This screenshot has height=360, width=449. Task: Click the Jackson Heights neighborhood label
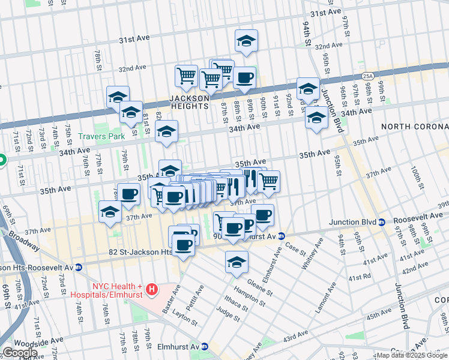188,101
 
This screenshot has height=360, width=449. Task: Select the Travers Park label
101,136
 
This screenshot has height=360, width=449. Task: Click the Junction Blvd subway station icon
382,222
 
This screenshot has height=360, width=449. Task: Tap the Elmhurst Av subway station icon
205,346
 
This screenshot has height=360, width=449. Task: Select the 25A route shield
367,76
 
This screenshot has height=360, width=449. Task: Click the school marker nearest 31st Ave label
246,41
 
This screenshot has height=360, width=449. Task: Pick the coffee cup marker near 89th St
244,78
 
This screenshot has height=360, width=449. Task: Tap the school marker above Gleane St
237,262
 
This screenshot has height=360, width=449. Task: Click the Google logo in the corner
19,353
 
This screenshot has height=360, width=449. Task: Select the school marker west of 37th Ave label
110,212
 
